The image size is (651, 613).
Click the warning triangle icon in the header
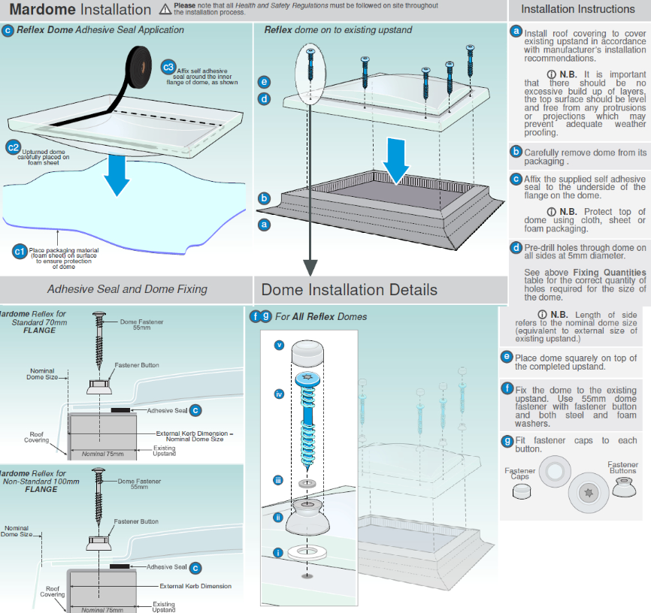(165, 10)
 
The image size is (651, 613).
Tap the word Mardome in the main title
(41, 10)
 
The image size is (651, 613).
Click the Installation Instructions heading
(577, 10)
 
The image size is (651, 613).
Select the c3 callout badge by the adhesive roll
(168, 67)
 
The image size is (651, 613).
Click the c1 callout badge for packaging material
(20, 251)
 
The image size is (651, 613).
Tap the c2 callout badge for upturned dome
(13, 147)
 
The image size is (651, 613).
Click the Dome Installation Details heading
(349, 290)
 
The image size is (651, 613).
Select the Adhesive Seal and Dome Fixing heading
(127, 289)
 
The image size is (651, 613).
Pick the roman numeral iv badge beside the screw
(279, 393)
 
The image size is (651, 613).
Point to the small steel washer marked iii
(305, 482)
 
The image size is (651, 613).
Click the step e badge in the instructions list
(507, 357)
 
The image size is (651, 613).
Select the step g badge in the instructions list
(507, 441)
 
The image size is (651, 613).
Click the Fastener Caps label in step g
(520, 473)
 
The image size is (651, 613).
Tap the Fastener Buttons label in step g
(622, 467)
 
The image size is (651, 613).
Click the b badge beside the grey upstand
(264, 199)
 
